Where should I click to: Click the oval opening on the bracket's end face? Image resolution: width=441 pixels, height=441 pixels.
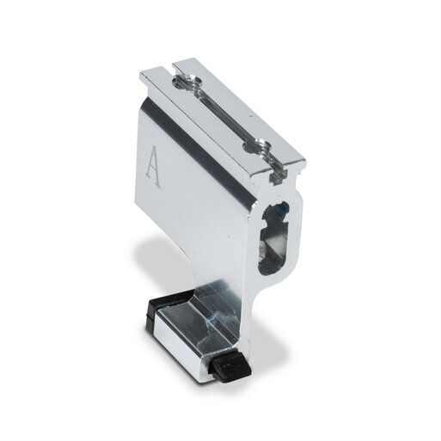point(273,238)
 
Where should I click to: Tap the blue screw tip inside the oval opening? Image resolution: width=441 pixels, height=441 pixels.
point(283,208)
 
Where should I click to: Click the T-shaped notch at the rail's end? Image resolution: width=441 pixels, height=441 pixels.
point(278,175)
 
